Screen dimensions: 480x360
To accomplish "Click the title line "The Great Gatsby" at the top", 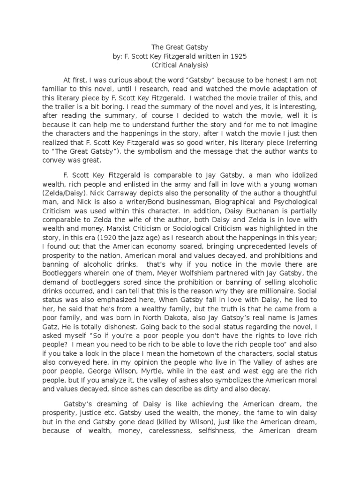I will point(180,47).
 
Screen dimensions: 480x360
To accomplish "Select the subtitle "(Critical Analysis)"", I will point(180,65).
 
